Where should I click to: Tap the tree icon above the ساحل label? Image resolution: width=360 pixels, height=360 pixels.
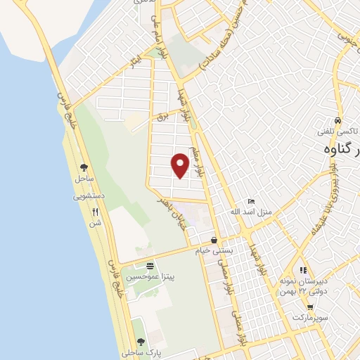pos(84,167)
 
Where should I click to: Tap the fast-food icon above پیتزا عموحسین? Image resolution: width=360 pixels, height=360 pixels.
pos(150,266)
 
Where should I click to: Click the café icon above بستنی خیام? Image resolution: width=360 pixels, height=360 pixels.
pos(214,240)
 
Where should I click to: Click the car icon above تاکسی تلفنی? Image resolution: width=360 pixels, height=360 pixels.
pos(337,120)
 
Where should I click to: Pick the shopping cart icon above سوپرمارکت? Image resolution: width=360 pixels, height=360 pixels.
pos(310,307)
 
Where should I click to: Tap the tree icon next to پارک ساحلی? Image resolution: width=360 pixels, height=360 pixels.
pos(141,341)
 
